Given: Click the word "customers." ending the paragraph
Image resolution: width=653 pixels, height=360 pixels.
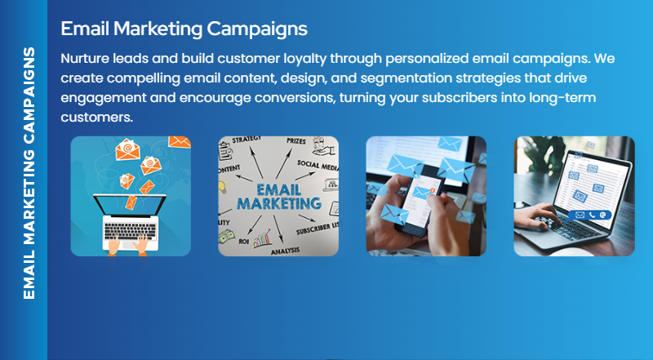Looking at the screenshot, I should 96,117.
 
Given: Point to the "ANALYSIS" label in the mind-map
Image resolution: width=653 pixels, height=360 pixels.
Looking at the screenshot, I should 285,251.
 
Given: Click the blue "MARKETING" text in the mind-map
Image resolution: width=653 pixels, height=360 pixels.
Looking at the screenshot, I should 278,202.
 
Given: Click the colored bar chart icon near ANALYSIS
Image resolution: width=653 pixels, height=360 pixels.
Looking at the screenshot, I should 263,239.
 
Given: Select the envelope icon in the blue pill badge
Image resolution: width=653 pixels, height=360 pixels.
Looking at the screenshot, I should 579,215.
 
